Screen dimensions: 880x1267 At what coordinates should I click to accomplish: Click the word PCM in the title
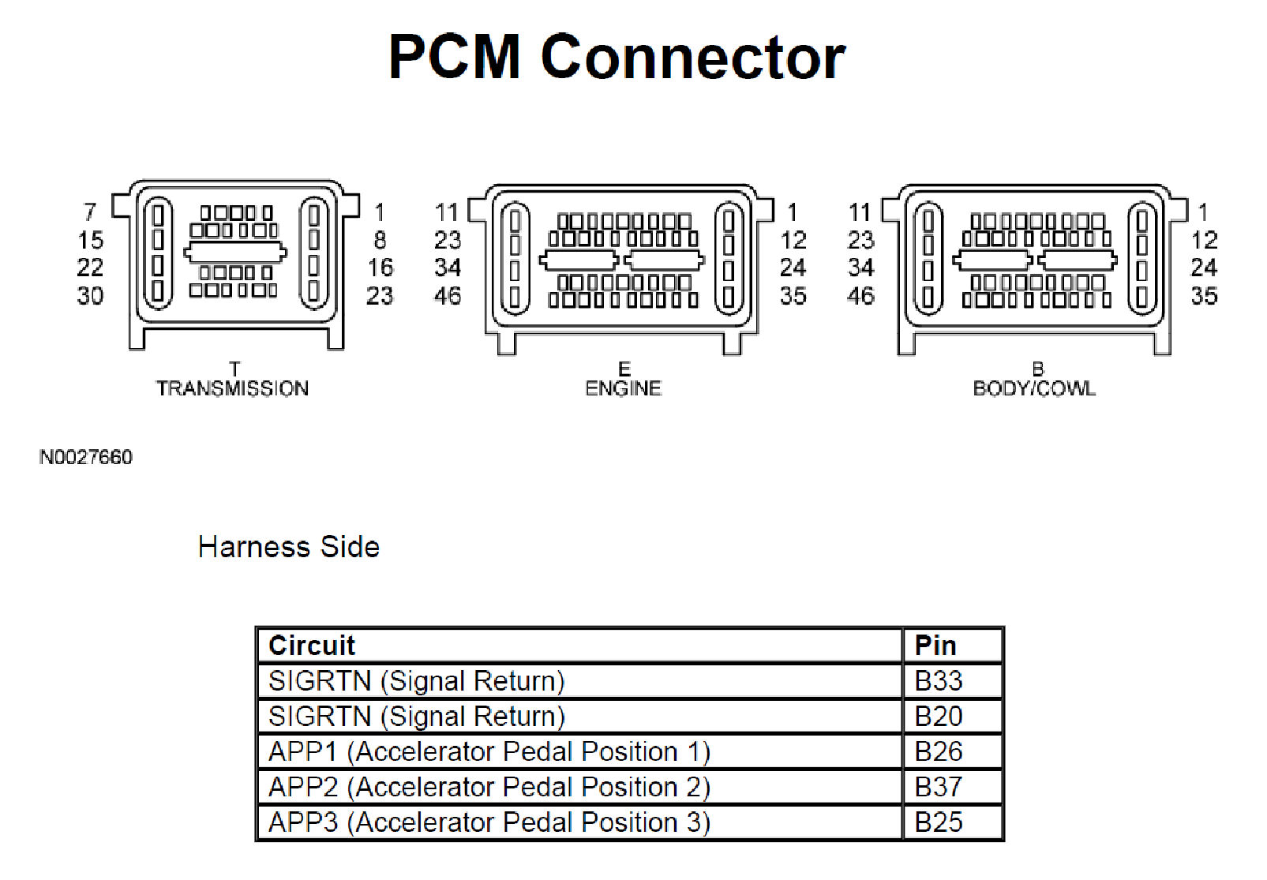point(454,57)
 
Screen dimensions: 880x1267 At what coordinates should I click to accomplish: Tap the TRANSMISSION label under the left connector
point(232,388)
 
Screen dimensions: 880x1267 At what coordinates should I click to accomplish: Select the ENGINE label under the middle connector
point(623,388)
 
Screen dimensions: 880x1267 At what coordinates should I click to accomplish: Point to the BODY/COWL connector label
point(1034,388)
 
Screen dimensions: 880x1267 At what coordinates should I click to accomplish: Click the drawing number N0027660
point(86,457)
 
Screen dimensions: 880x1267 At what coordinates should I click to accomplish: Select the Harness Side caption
point(288,547)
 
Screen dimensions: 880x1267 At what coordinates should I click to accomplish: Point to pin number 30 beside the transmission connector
point(90,296)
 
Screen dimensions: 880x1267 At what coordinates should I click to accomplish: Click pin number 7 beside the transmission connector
point(90,212)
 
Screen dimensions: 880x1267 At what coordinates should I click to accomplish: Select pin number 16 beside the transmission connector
point(380,268)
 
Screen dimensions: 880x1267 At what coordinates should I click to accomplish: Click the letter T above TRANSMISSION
point(234,369)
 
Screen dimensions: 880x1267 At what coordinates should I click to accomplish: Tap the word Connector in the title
point(692,57)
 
